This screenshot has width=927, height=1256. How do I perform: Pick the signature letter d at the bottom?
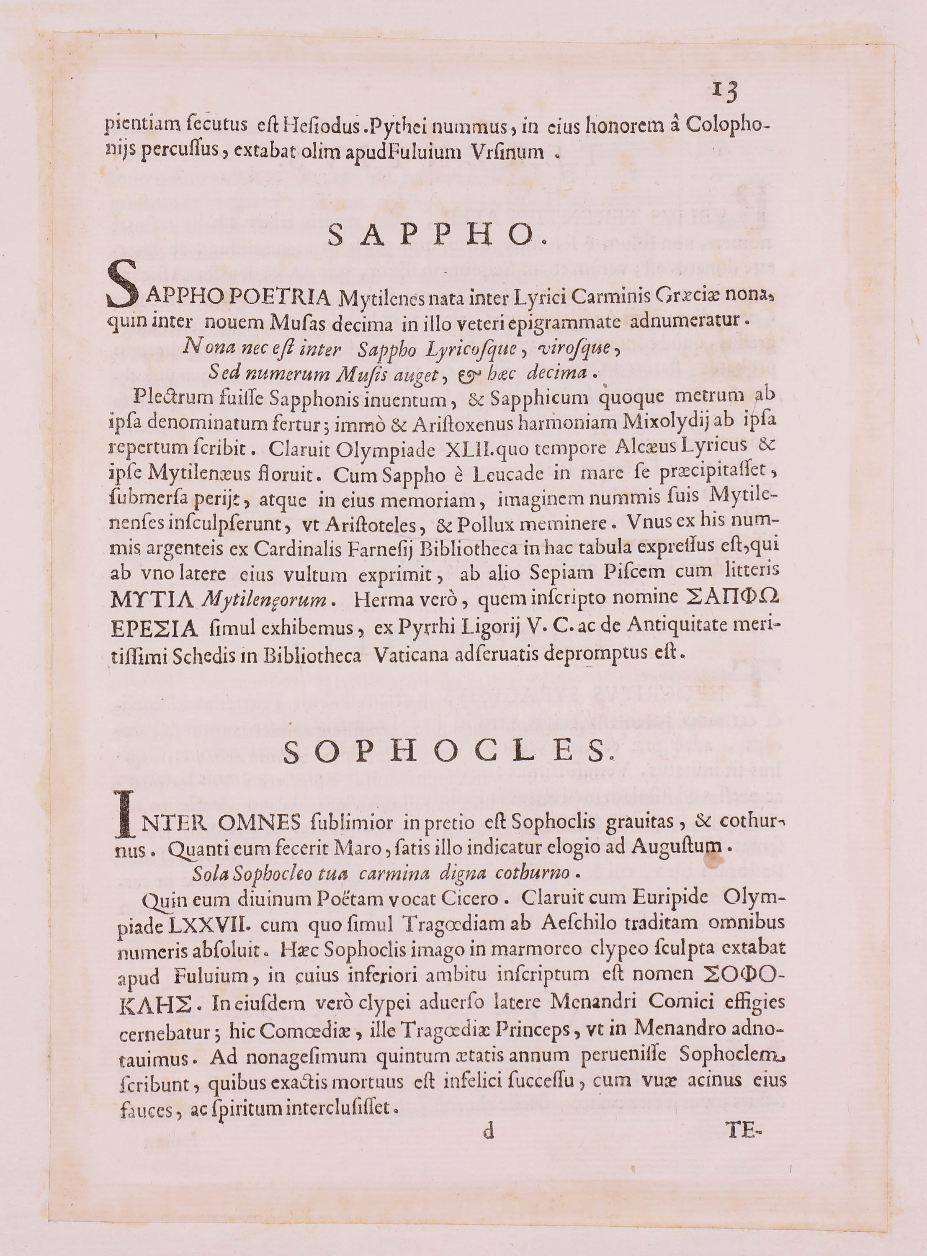click(489, 1132)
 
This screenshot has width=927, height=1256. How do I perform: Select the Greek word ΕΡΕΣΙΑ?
click(154, 629)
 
